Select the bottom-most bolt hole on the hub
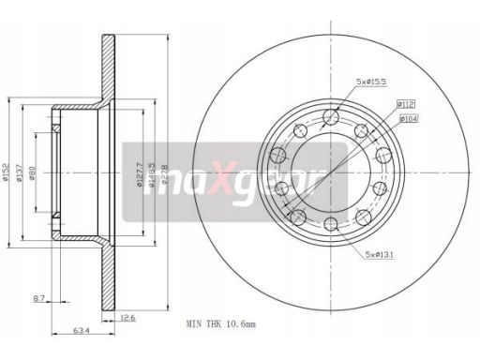330,223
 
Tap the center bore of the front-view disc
330,171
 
